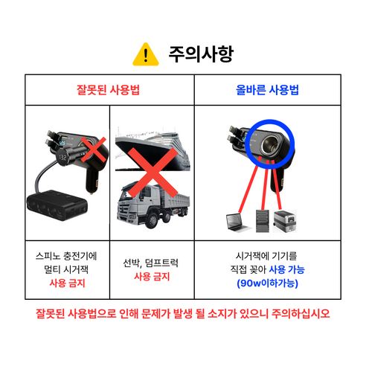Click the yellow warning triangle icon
pyautogui.click(x=145, y=54)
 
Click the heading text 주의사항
pyautogui.click(x=201, y=54)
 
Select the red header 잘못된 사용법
pyautogui.click(x=109, y=90)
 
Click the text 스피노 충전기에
pyautogui.click(x=67, y=255)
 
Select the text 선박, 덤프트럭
pyautogui.click(x=152, y=263)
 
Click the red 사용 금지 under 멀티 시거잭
pyautogui.click(x=67, y=283)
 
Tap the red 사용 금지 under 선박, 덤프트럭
pyautogui.click(x=152, y=277)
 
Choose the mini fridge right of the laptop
pyautogui.click(x=286, y=219)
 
